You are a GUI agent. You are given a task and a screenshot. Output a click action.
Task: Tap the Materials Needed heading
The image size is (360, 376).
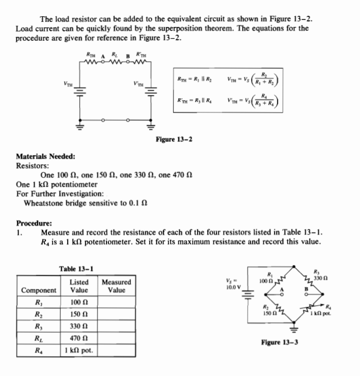[46, 156]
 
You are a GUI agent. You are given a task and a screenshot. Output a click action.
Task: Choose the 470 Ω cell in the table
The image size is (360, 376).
[79, 339]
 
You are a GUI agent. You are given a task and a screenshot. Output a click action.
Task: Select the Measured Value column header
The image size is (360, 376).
[116, 286]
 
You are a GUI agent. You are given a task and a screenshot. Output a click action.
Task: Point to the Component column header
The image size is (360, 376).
[39, 291]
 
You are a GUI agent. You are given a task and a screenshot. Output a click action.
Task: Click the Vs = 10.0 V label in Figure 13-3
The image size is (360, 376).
[234, 283]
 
